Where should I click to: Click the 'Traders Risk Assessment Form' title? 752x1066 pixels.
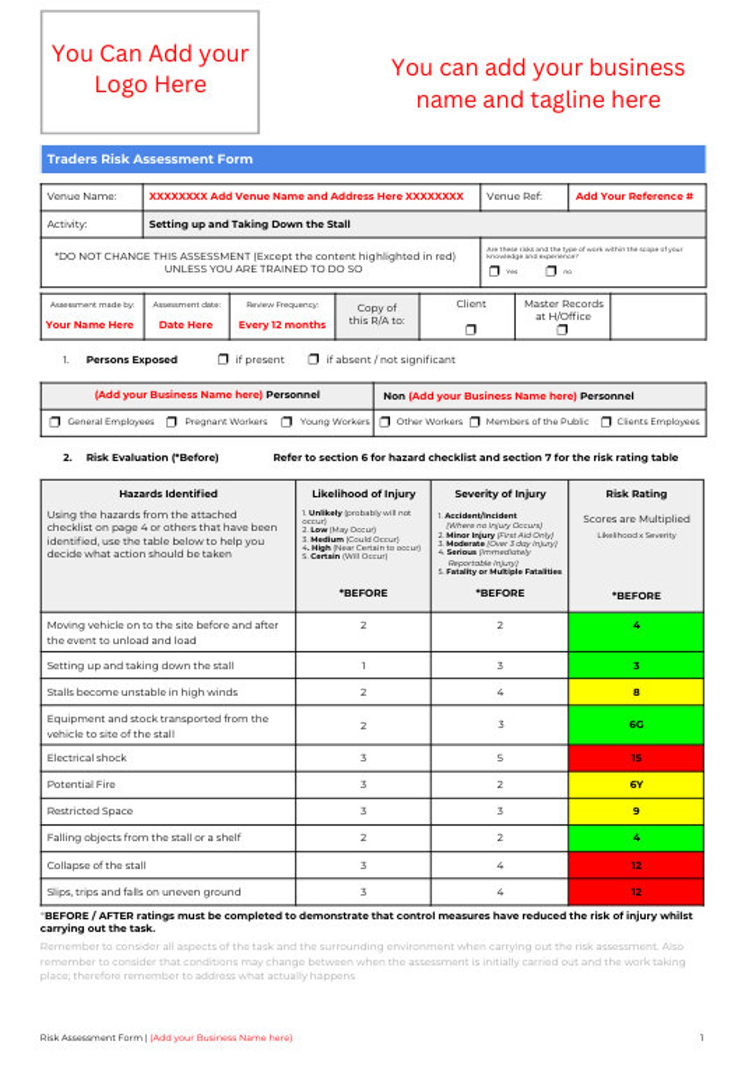(150, 159)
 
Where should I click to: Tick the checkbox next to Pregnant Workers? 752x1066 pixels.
(171, 421)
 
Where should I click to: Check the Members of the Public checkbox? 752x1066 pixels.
(474, 421)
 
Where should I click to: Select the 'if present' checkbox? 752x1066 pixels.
(223, 359)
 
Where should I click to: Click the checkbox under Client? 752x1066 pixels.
(470, 329)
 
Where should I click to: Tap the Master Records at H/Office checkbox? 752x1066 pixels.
(562, 329)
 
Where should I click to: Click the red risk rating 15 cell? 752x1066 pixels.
(636, 758)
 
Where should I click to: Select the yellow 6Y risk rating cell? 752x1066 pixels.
(636, 784)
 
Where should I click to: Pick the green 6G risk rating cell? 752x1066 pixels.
(636, 724)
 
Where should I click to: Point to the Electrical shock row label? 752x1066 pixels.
(87, 758)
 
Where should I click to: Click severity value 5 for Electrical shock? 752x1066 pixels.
(500, 758)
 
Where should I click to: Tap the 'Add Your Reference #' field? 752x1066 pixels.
(634, 196)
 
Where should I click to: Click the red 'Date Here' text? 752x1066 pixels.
(186, 325)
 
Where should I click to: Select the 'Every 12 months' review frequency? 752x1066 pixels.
(282, 325)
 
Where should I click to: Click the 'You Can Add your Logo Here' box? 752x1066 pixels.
(150, 72)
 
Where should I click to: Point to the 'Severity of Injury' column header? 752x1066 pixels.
(500, 494)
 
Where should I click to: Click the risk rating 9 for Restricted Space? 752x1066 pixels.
(636, 811)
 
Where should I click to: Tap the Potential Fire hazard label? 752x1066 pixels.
(81, 784)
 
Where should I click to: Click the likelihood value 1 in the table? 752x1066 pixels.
(363, 666)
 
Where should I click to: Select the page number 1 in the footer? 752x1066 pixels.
(701, 1038)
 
